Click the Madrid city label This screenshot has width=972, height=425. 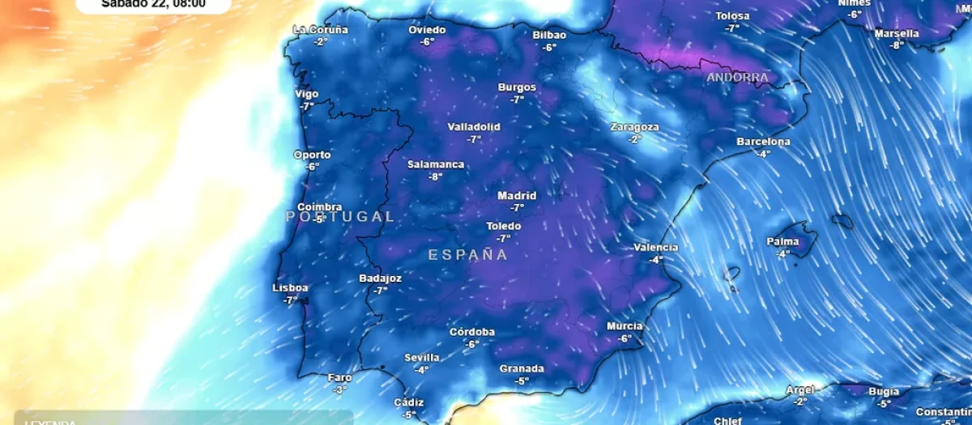(517, 196)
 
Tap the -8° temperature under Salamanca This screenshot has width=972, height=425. (436, 176)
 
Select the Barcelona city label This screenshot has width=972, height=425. (763, 142)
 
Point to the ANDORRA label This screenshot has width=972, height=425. (737, 78)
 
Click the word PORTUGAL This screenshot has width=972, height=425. (340, 217)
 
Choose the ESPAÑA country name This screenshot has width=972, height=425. (467, 255)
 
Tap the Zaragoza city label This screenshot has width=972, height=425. (634, 127)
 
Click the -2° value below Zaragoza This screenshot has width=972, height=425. (634, 139)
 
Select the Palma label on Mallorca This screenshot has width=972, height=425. (782, 242)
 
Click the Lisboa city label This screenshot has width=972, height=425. (290, 288)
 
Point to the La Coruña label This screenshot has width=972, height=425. (321, 30)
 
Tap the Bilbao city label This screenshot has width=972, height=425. (549, 35)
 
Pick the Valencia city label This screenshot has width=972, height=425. (655, 248)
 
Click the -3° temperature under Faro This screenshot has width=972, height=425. (339, 389)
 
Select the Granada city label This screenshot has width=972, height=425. (522, 369)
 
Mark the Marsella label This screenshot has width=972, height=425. (897, 34)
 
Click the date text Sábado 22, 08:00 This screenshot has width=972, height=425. (153, 4)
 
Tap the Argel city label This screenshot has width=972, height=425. (799, 390)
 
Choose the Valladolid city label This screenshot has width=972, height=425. (474, 127)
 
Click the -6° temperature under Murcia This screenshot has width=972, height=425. (625, 338)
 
